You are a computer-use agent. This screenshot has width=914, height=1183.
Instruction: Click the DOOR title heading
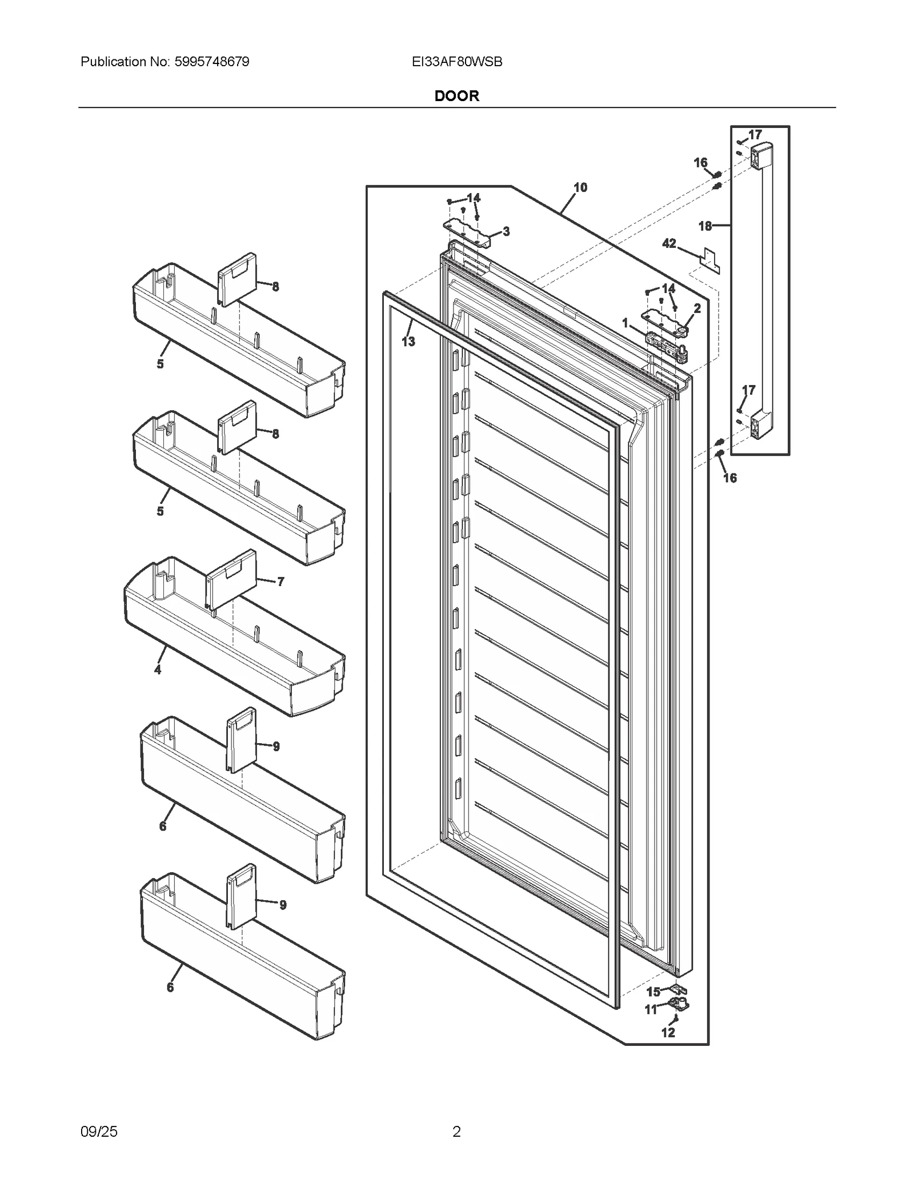coord(456,96)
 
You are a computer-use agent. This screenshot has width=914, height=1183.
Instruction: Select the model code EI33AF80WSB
coord(457,62)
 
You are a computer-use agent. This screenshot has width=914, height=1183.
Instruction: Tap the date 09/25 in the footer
coord(99,1131)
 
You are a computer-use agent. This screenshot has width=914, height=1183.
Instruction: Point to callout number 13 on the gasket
coord(408,342)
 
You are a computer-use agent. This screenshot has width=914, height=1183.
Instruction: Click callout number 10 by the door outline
coord(580,187)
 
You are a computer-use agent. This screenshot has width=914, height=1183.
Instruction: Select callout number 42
coord(669,243)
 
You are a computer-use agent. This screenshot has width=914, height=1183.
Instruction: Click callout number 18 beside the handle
coord(705,226)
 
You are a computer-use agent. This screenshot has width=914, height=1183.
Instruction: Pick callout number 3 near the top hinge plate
coord(506,231)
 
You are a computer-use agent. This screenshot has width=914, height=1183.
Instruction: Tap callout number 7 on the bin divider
coord(280,582)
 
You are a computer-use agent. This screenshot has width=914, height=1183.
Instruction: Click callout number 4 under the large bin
coord(158,669)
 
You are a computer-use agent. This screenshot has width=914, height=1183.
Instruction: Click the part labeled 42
coord(710,260)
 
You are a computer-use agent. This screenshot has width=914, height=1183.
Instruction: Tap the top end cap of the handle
coord(761,156)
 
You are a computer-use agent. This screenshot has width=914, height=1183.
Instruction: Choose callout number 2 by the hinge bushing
coord(697,308)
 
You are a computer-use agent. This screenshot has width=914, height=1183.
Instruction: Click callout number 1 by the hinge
coord(625,323)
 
